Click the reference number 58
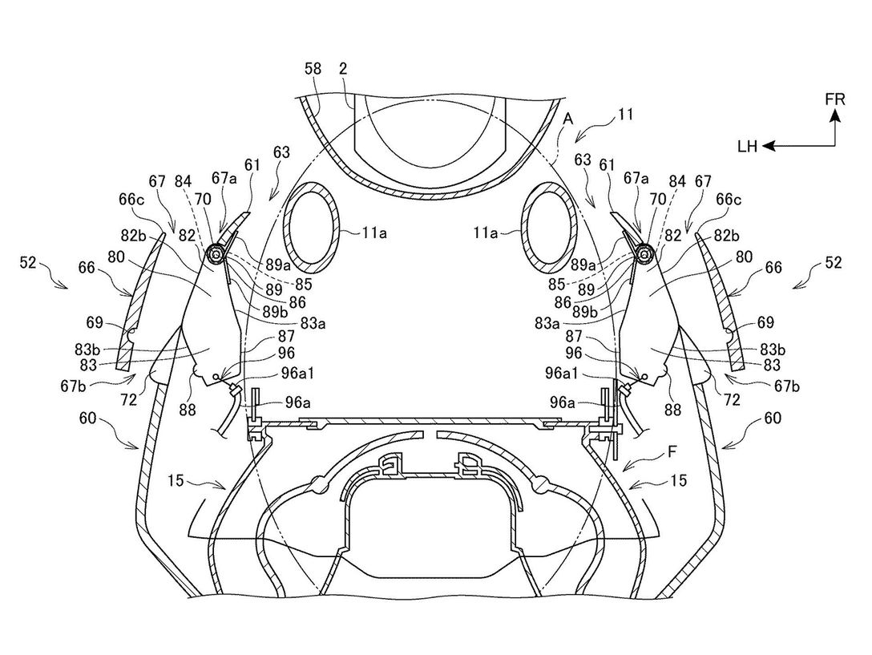click(313, 69)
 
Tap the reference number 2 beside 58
click(343, 68)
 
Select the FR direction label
click(835, 99)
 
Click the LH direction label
click(748, 147)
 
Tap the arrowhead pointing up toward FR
click(835, 115)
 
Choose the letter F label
click(672, 452)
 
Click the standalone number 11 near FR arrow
click(625, 115)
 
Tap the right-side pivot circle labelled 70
click(644, 254)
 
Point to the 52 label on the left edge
click(27, 262)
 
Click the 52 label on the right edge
click(834, 262)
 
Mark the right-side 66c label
click(729, 199)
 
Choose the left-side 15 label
click(176, 479)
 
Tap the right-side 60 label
click(773, 418)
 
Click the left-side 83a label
click(313, 323)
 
